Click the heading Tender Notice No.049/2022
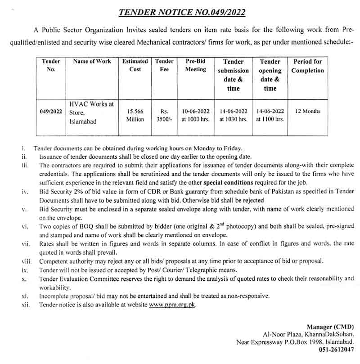182,12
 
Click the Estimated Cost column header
135,65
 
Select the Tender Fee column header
164,65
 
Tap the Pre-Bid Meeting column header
196,65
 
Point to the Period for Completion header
308,66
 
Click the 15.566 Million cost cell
135,115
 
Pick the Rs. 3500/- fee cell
164,115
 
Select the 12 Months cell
308,111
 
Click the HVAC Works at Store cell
92,112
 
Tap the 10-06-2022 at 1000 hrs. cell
196,115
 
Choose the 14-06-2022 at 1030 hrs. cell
233,115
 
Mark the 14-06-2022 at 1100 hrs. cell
270,115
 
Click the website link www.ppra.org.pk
173,305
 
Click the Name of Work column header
92,61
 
